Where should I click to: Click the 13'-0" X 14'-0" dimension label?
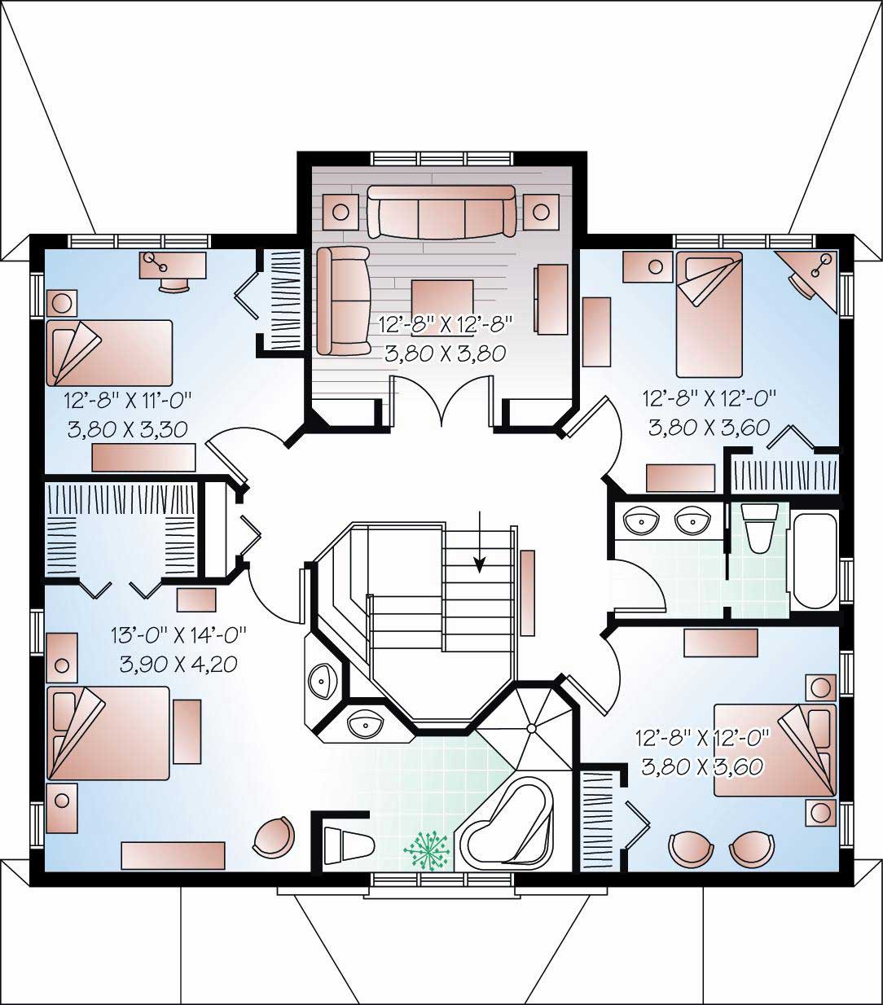pyautogui.click(x=178, y=634)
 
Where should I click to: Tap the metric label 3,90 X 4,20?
pyautogui.click(x=178, y=664)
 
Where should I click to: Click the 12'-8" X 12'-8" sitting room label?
pyautogui.click(x=446, y=324)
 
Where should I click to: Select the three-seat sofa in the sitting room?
pyautogui.click(x=441, y=211)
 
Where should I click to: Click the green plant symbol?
pyautogui.click(x=428, y=850)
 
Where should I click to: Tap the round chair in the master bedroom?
pyautogui.click(x=273, y=836)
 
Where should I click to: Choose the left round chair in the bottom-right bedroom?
pyautogui.click(x=690, y=849)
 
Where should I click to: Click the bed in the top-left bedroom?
pyautogui.click(x=110, y=352)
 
